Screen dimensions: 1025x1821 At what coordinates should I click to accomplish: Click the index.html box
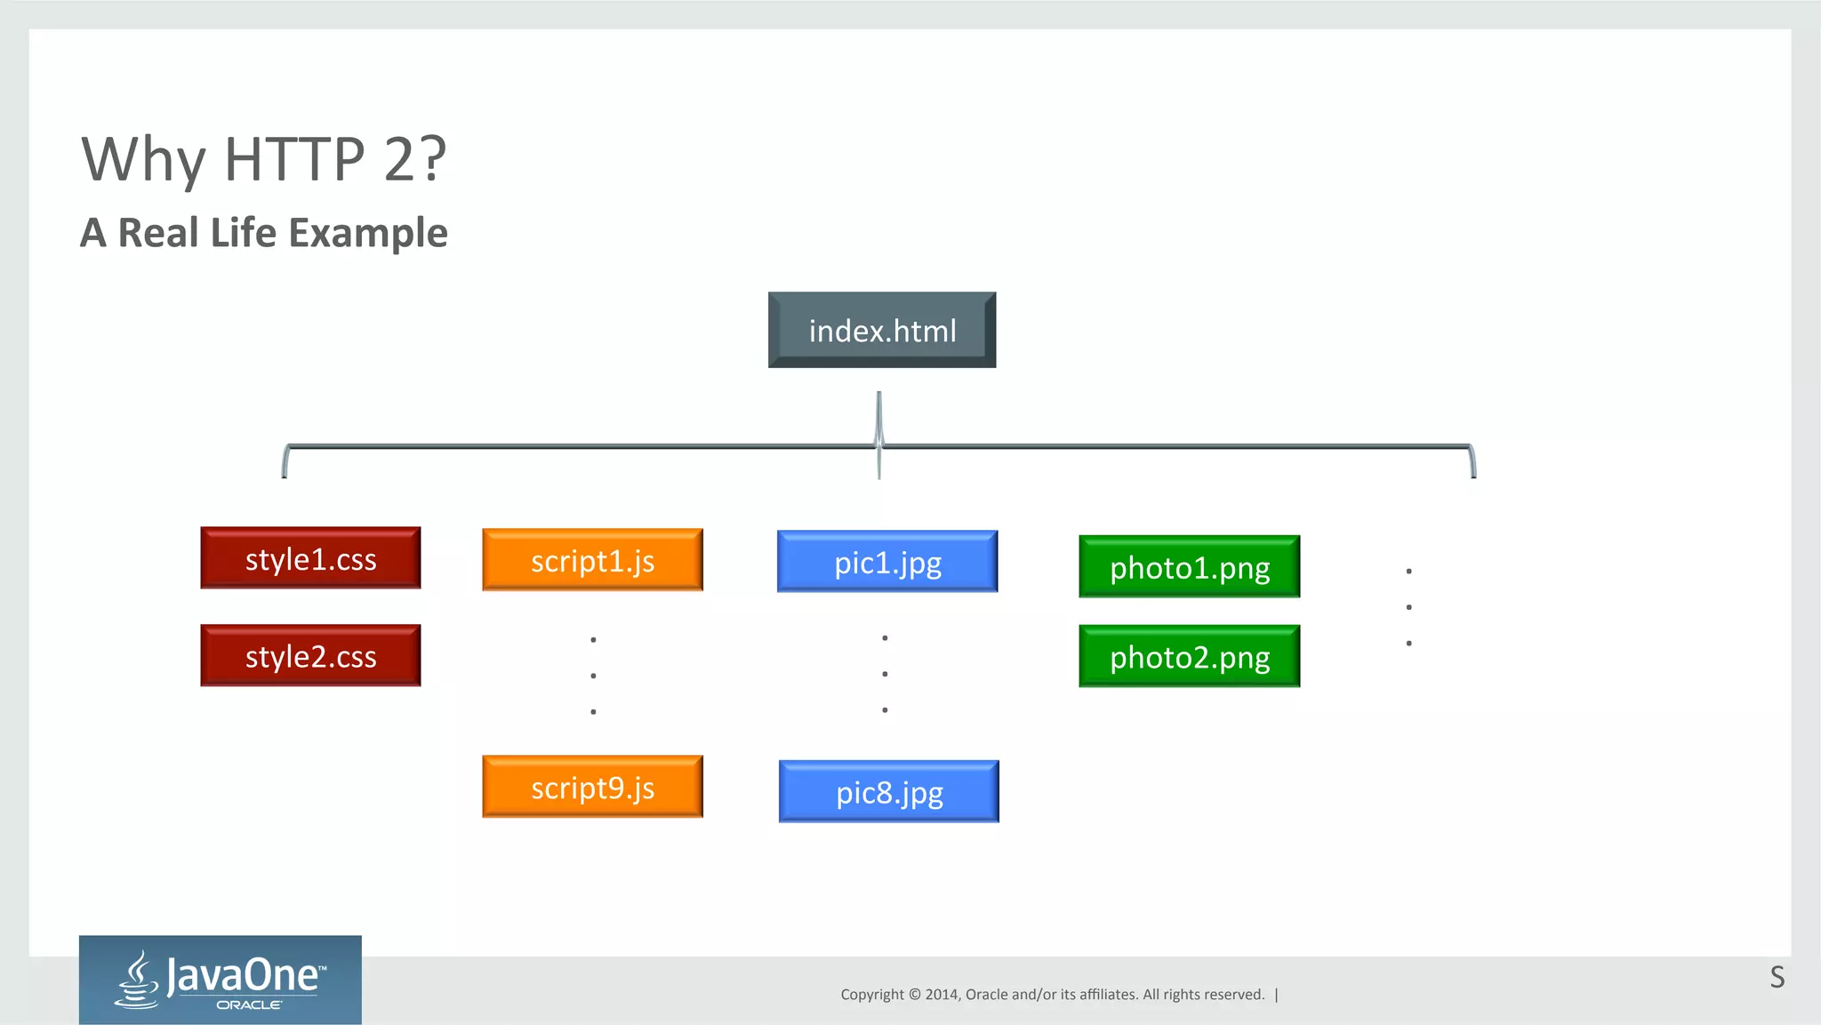tap(882, 330)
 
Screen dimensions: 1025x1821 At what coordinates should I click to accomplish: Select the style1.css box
tap(310, 558)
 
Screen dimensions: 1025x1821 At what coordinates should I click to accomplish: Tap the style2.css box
tap(310, 656)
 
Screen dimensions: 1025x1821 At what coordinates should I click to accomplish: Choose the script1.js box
tap(592, 560)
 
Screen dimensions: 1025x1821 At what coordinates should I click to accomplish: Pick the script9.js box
tap(592, 787)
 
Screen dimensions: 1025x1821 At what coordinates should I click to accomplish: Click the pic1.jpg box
tap(887, 562)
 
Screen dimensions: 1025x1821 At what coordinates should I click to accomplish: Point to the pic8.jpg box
tap(889, 791)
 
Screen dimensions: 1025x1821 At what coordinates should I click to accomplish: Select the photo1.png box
tap(1189, 567)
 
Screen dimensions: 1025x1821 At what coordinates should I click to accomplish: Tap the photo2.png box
tap(1189, 657)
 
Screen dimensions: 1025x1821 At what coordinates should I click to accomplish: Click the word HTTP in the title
tap(294, 160)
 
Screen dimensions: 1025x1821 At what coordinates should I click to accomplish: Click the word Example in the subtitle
tap(368, 233)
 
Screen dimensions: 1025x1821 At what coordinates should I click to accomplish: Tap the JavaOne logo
tap(221, 980)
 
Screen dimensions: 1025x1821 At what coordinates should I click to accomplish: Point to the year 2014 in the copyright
tap(941, 995)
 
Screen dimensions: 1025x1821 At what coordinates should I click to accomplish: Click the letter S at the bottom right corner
tap(1777, 977)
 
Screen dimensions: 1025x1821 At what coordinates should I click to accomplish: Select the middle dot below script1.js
tap(593, 676)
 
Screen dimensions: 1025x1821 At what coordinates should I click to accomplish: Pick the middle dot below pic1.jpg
tap(885, 674)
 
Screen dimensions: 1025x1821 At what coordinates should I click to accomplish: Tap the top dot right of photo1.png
tap(1408, 571)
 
